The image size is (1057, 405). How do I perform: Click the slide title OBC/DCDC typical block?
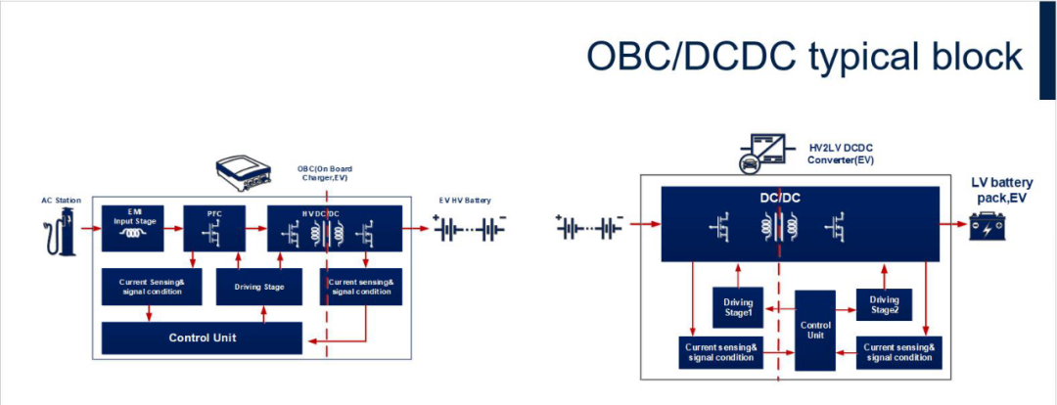pos(804,56)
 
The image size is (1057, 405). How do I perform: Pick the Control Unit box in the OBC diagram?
pos(202,337)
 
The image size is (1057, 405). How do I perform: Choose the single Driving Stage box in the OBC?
pos(259,287)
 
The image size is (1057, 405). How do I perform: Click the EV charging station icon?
pos(62,236)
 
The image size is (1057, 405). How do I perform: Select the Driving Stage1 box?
pos(738,307)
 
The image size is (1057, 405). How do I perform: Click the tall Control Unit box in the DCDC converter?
pos(815,330)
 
